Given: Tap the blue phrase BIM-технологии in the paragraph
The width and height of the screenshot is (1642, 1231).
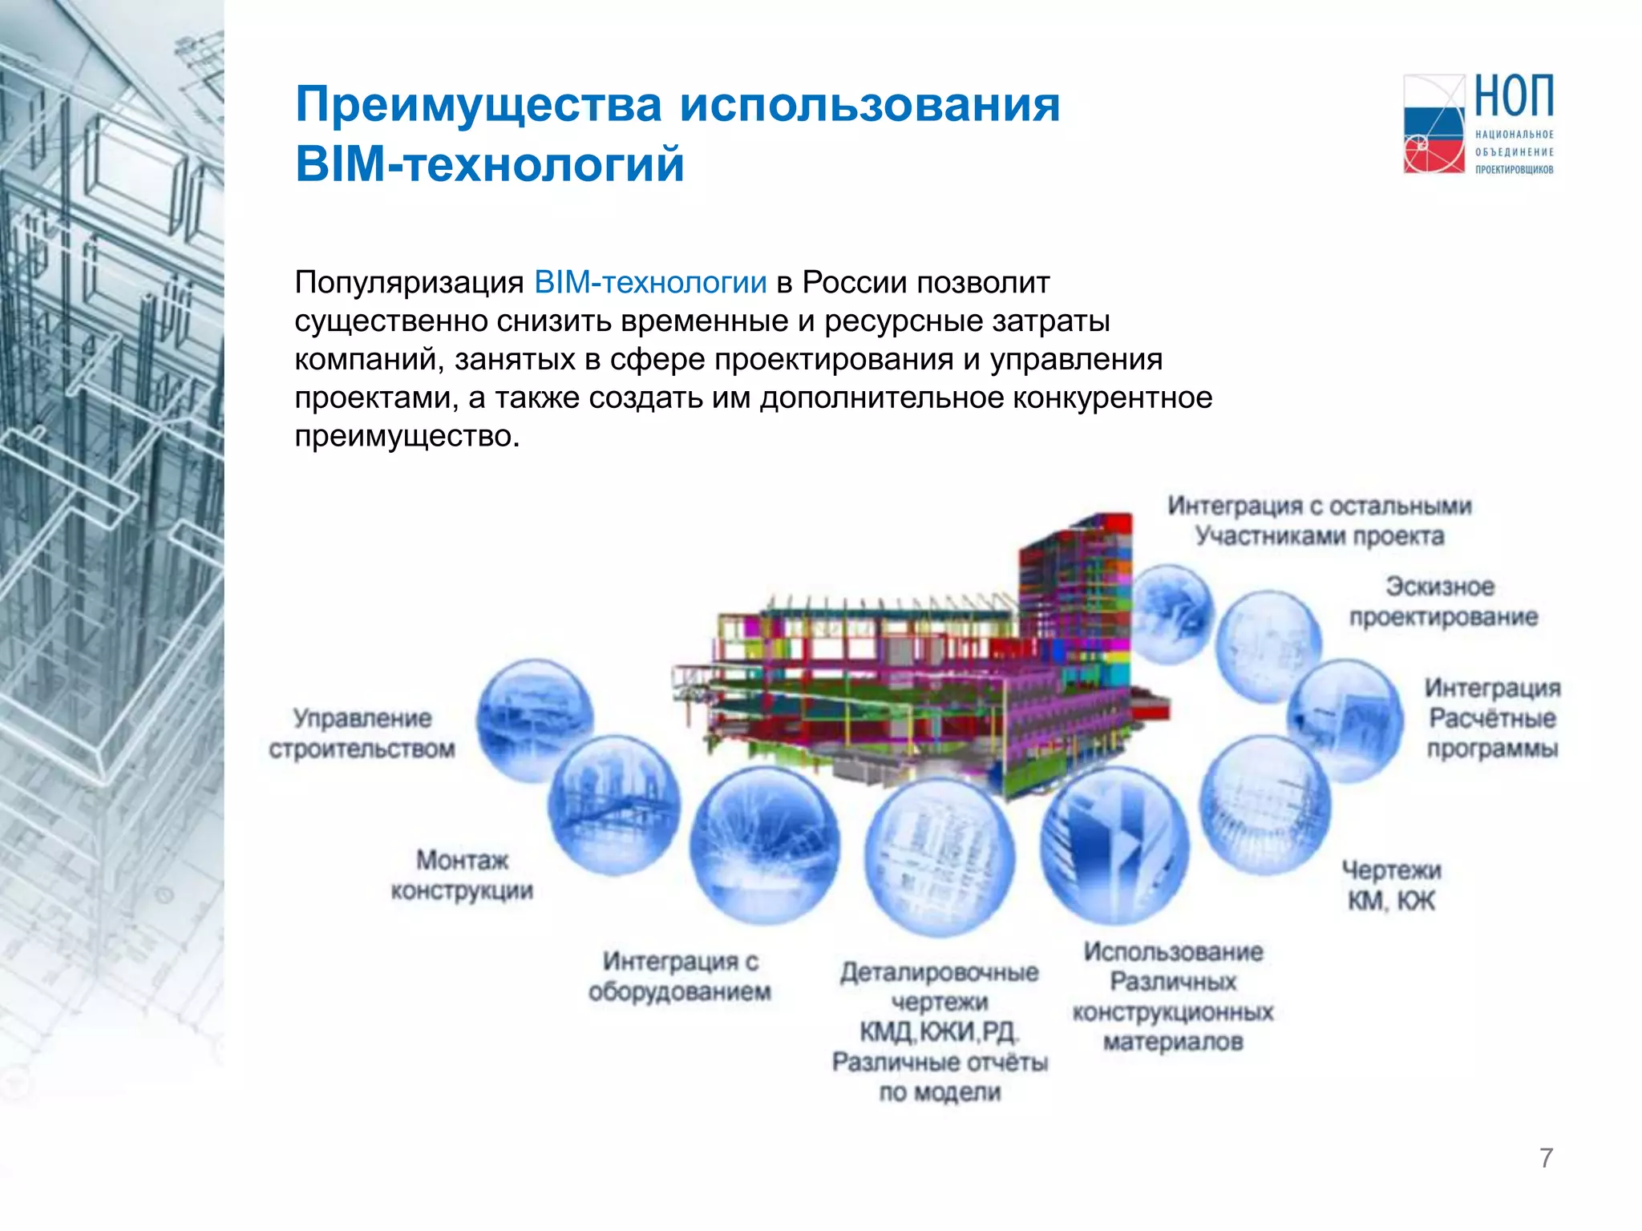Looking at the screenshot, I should (x=649, y=283).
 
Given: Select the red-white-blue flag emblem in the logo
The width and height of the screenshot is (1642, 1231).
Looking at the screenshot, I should (x=1434, y=124).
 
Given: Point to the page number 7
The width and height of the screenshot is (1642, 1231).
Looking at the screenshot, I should (x=1546, y=1158).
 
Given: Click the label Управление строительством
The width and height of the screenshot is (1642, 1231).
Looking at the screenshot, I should (x=362, y=733).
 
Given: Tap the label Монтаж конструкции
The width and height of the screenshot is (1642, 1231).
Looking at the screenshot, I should (x=462, y=875).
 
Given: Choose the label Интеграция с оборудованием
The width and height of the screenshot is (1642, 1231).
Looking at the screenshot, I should (x=680, y=976).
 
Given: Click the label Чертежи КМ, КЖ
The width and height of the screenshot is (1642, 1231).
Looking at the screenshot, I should (x=1391, y=886).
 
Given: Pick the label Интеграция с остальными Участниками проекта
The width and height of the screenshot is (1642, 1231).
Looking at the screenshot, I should (x=1320, y=521).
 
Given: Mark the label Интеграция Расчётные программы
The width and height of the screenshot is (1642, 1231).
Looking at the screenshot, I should (x=1492, y=718).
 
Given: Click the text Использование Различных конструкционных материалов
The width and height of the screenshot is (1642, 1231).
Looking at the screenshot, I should (x=1173, y=997).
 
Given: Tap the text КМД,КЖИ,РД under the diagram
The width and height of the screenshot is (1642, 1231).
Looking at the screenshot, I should (x=939, y=1032).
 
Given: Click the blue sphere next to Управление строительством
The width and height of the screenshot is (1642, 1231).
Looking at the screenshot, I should (x=535, y=720).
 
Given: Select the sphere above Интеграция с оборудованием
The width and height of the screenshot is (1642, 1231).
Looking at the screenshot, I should (x=764, y=846).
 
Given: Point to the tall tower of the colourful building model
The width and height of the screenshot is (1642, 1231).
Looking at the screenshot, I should (x=1074, y=585).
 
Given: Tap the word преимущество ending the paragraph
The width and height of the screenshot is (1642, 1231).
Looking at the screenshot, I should (x=406, y=437).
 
